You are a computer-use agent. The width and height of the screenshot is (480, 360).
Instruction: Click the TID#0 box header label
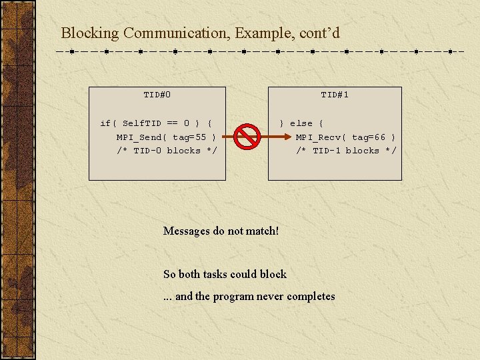click(157, 95)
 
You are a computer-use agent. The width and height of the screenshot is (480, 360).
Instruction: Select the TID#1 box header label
click(335, 95)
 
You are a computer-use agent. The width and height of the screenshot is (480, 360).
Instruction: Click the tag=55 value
click(190, 137)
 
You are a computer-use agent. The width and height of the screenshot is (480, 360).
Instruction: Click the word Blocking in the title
click(90, 33)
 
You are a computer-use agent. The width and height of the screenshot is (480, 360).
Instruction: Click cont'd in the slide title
click(319, 33)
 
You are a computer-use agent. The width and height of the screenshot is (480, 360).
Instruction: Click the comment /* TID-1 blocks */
click(346, 151)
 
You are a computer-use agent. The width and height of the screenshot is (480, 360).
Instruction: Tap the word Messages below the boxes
click(187, 231)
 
